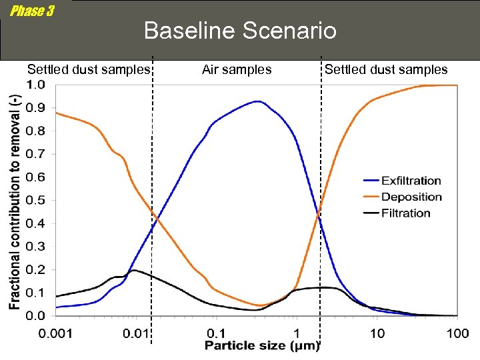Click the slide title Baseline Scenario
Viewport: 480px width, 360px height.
[x=240, y=31]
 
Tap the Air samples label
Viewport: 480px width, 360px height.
[x=237, y=69]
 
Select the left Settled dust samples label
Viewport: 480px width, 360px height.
[x=89, y=69]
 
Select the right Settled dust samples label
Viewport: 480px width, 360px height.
[x=386, y=69]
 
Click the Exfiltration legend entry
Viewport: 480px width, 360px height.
[x=411, y=181]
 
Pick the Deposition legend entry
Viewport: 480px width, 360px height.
[x=411, y=197]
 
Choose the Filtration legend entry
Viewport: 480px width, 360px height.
[x=405, y=213]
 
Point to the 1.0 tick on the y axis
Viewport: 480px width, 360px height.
[x=37, y=85]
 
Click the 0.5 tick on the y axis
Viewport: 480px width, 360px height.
[x=37, y=200]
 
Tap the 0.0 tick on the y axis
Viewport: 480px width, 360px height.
[x=37, y=315]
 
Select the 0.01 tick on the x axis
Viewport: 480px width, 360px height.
[x=135, y=333]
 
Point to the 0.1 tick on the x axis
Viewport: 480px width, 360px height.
[x=215, y=333]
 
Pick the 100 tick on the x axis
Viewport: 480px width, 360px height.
[x=457, y=333]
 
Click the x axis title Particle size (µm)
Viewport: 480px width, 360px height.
[x=262, y=345]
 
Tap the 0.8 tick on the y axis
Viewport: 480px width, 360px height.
[x=37, y=131]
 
